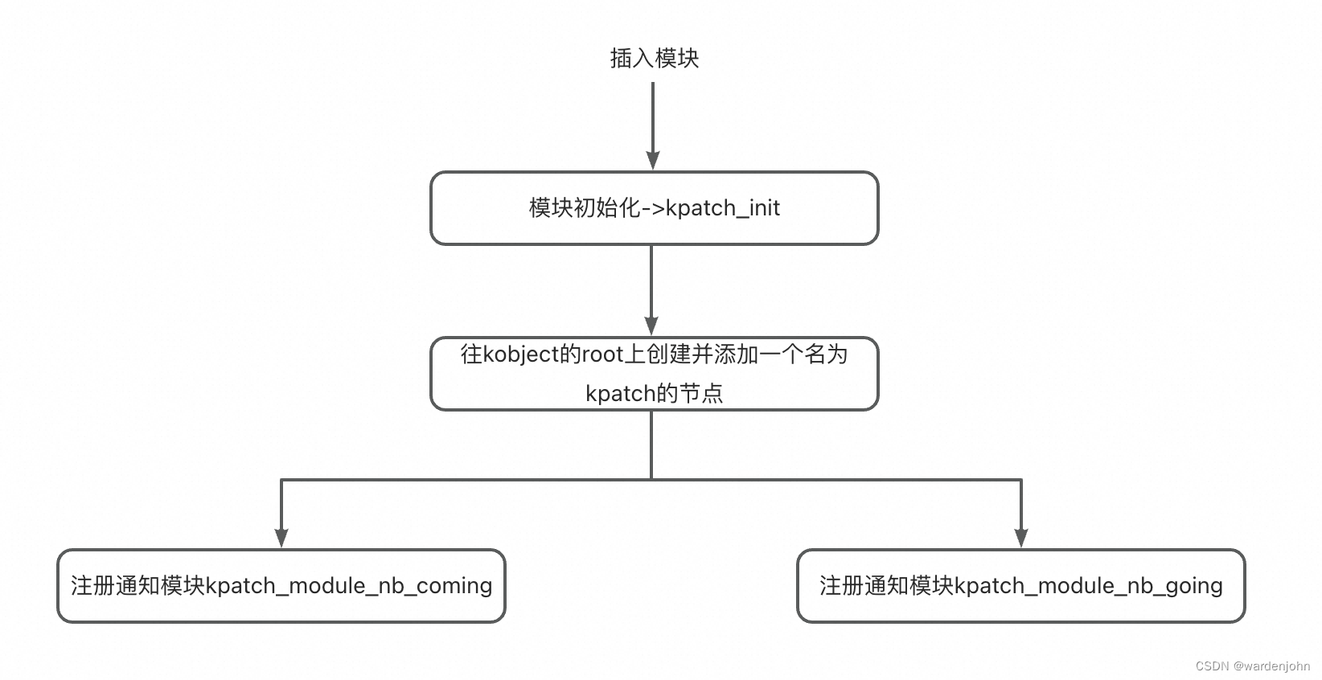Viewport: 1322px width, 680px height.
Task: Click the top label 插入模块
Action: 654,59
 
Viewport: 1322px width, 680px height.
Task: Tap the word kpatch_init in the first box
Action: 723,208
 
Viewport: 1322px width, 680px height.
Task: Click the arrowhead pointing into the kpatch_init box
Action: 653,160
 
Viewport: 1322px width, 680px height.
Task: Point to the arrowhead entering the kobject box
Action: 651,326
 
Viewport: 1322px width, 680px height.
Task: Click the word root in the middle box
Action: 602,354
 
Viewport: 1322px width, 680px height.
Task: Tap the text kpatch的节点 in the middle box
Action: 654,393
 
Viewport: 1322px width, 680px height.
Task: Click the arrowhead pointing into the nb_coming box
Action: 281,538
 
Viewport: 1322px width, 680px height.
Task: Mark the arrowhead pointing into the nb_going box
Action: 1021,538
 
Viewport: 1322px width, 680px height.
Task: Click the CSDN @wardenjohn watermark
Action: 1252,666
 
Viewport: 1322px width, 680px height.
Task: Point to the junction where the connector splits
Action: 651,480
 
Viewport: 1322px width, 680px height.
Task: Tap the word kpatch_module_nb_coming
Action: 349,586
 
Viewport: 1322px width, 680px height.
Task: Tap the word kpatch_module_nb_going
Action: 1089,586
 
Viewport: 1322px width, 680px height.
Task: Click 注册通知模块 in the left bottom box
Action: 138,586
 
